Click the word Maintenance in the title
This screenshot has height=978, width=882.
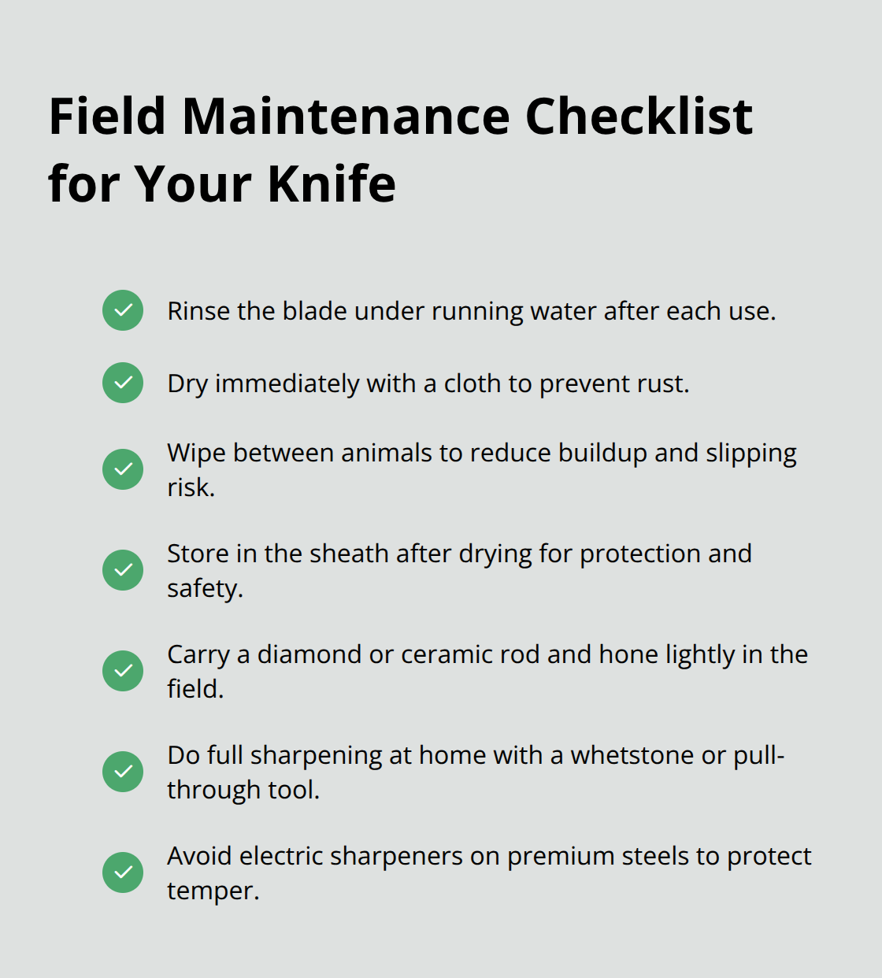pyautogui.click(x=346, y=117)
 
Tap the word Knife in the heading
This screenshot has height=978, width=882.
pyautogui.click(x=331, y=184)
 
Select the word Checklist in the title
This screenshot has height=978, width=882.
pyautogui.click(x=638, y=117)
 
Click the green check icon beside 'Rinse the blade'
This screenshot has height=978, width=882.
pyautogui.click(x=123, y=310)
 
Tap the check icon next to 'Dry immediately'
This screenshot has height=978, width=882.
pyautogui.click(x=123, y=383)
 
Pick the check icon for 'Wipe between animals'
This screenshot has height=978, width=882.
pyautogui.click(x=123, y=469)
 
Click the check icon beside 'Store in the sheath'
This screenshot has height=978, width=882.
pyautogui.click(x=123, y=570)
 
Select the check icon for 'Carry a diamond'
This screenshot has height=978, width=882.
pyautogui.click(x=123, y=671)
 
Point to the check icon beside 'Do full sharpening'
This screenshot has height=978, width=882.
pyautogui.click(x=123, y=772)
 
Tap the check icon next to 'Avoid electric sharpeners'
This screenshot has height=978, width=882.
pyautogui.click(x=123, y=872)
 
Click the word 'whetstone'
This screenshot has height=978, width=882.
pyautogui.click(x=632, y=756)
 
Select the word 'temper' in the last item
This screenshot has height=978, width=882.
pyautogui.click(x=210, y=891)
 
